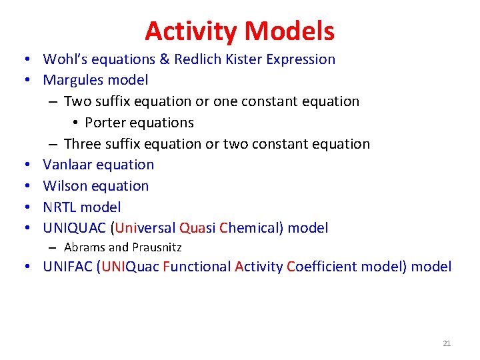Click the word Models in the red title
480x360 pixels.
pyautogui.click(x=289, y=31)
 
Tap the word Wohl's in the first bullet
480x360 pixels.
pyautogui.click(x=65, y=59)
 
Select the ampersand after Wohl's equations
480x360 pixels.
pyautogui.click(x=165, y=59)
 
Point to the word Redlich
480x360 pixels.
pyautogui.click(x=197, y=59)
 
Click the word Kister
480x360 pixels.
pyautogui.click(x=243, y=59)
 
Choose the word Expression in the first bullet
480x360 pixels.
pyautogui.click(x=301, y=59)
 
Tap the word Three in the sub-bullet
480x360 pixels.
pyautogui.click(x=83, y=144)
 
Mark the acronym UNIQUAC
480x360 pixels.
pyautogui.click(x=75, y=229)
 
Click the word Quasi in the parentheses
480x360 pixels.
pyautogui.click(x=197, y=229)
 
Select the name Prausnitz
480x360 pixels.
pyautogui.click(x=157, y=247)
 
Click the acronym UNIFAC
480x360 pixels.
pyautogui.click(x=68, y=267)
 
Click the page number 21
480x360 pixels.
pyautogui.click(x=447, y=343)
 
